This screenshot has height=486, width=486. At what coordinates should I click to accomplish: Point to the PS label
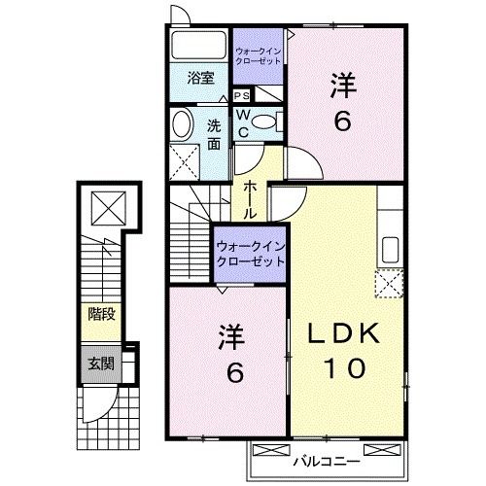[x=242, y=95]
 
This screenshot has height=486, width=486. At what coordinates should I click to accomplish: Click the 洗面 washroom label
[x=214, y=134]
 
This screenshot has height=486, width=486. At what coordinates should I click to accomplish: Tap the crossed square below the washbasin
[x=184, y=158]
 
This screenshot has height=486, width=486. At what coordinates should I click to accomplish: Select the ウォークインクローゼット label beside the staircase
[x=251, y=254]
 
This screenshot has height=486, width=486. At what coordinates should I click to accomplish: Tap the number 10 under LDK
[x=339, y=368]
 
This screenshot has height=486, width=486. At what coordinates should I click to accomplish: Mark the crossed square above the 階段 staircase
[x=101, y=206]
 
